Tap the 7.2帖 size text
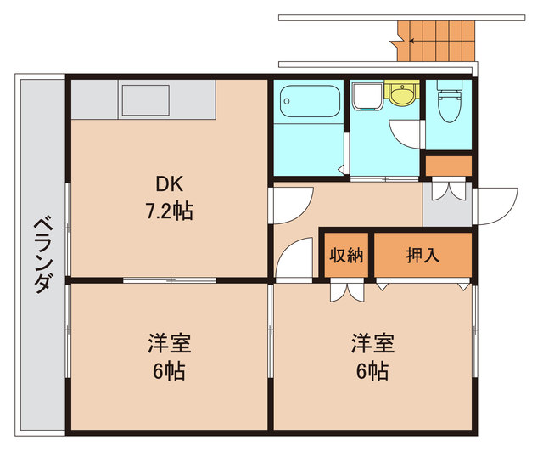pyautogui.click(x=168, y=210)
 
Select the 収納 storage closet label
pyautogui.click(x=346, y=254)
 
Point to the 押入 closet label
pyautogui.click(x=423, y=254)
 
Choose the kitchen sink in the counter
pyautogui.click(x=148, y=100)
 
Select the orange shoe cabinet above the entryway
pyautogui.click(x=447, y=166)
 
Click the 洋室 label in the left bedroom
pyautogui.click(x=168, y=344)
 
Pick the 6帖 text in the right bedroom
pyautogui.click(x=372, y=370)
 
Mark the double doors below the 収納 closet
pyautogui.click(x=346, y=290)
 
